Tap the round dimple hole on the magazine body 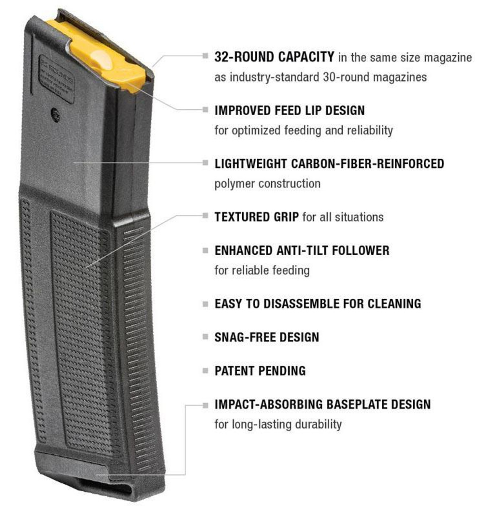click(x=56, y=115)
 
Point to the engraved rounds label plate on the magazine click(x=56, y=78)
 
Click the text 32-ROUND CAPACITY click(x=274, y=57)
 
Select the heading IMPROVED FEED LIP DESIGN click(x=289, y=110)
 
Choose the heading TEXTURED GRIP click(x=256, y=217)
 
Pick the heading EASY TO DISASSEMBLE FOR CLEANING click(x=318, y=304)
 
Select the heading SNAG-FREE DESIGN click(x=266, y=337)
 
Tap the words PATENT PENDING click(x=260, y=370)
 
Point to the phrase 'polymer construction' click(x=267, y=184)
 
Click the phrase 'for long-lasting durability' click(x=278, y=424)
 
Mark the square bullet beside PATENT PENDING click(x=206, y=370)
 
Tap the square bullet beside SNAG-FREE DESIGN click(x=206, y=337)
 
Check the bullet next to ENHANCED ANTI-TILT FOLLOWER click(x=206, y=250)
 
